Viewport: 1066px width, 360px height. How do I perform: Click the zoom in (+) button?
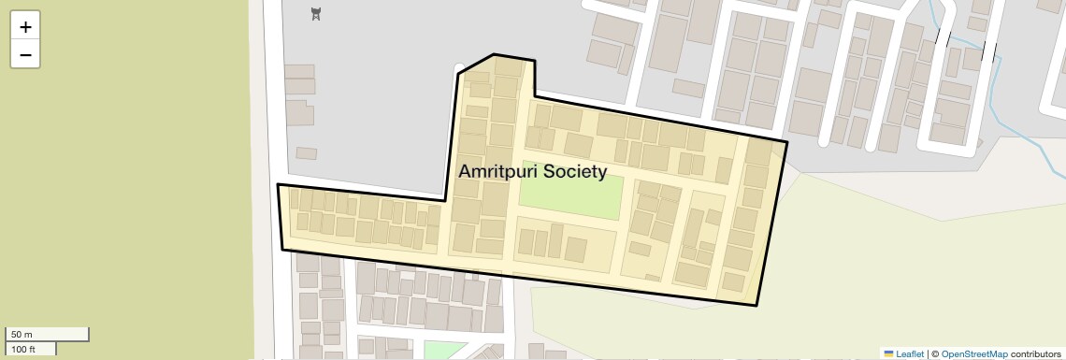click(25, 27)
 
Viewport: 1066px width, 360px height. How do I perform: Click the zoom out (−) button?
click(25, 55)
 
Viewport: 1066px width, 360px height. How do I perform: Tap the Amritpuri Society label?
click(532, 172)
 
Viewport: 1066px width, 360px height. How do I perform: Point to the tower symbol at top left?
click(316, 14)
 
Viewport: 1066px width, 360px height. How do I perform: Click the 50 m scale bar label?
click(22, 334)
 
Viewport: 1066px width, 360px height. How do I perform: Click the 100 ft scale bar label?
click(24, 349)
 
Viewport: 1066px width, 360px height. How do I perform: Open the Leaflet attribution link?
click(910, 353)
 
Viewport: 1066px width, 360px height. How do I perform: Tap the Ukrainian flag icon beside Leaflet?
click(888, 353)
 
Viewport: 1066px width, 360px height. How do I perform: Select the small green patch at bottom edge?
click(444, 351)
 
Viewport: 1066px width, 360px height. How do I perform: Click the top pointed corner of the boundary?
click(494, 54)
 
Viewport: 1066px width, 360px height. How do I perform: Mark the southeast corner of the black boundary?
click(756, 305)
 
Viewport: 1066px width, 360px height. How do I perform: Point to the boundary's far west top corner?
click(278, 184)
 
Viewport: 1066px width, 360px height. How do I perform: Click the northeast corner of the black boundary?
click(786, 142)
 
